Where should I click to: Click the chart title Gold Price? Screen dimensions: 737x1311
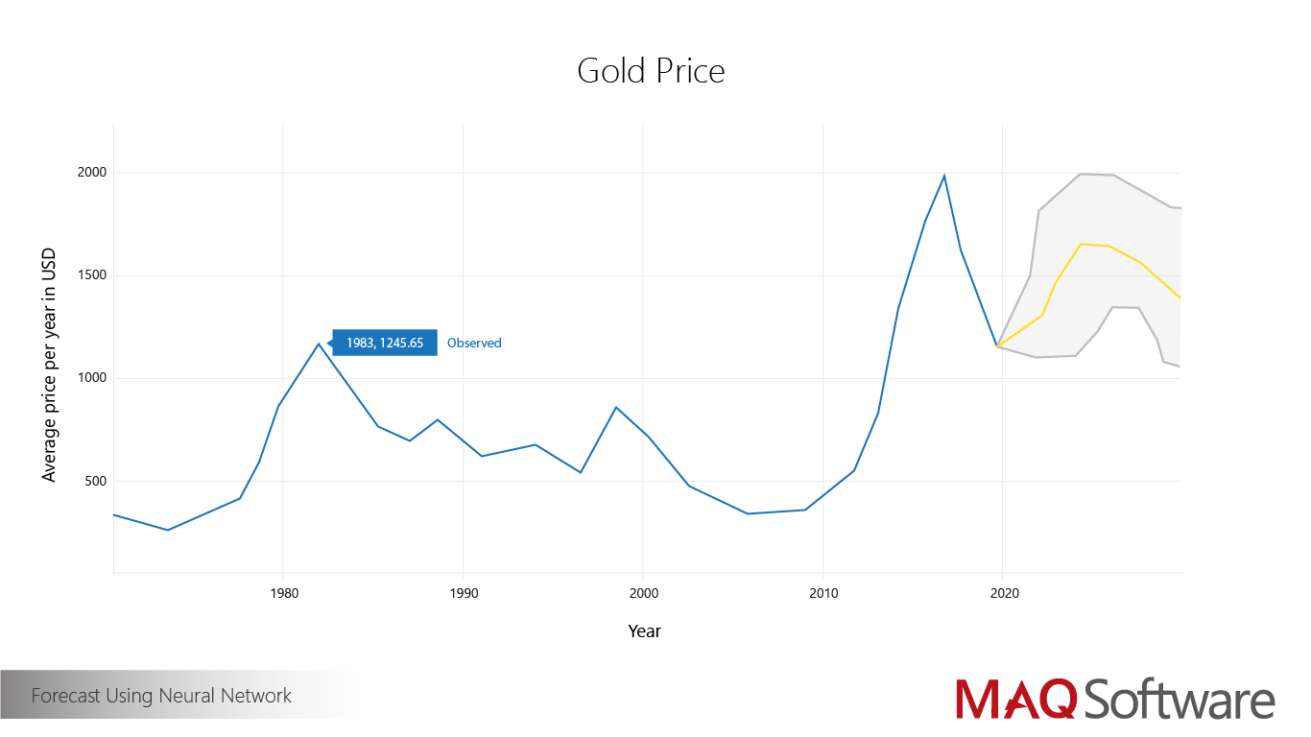pyautogui.click(x=651, y=71)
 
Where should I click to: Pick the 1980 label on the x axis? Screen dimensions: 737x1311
pyautogui.click(x=283, y=593)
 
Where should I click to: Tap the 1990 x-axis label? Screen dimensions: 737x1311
pyautogui.click(x=463, y=593)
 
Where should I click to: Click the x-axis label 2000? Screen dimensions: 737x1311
pyautogui.click(x=643, y=593)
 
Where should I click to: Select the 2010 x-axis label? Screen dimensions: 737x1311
pyautogui.click(x=823, y=593)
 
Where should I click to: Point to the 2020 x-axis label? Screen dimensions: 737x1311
pyautogui.click(x=1003, y=593)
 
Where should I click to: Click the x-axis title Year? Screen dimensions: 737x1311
pyautogui.click(x=644, y=631)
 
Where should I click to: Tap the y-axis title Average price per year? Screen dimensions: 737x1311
pyautogui.click(x=49, y=366)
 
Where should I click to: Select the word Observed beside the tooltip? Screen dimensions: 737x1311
pyautogui.click(x=474, y=343)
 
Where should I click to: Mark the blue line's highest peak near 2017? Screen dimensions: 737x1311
pyautogui.click(x=944, y=176)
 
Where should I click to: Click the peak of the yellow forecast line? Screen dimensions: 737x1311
pyautogui.click(x=1081, y=244)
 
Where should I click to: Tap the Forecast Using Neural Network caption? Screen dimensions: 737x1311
pyautogui.click(x=161, y=696)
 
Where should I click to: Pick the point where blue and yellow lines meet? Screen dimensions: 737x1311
pyautogui.click(x=998, y=346)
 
